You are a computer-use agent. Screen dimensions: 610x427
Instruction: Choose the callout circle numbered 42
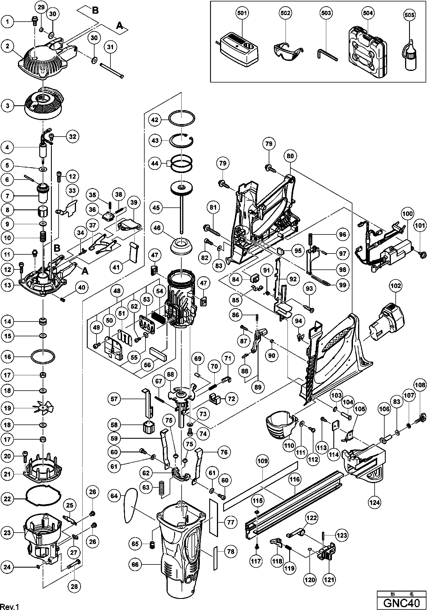(x=155, y=120)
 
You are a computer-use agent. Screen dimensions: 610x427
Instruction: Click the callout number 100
(x=408, y=213)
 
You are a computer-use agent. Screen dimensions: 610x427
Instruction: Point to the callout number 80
(x=290, y=156)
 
